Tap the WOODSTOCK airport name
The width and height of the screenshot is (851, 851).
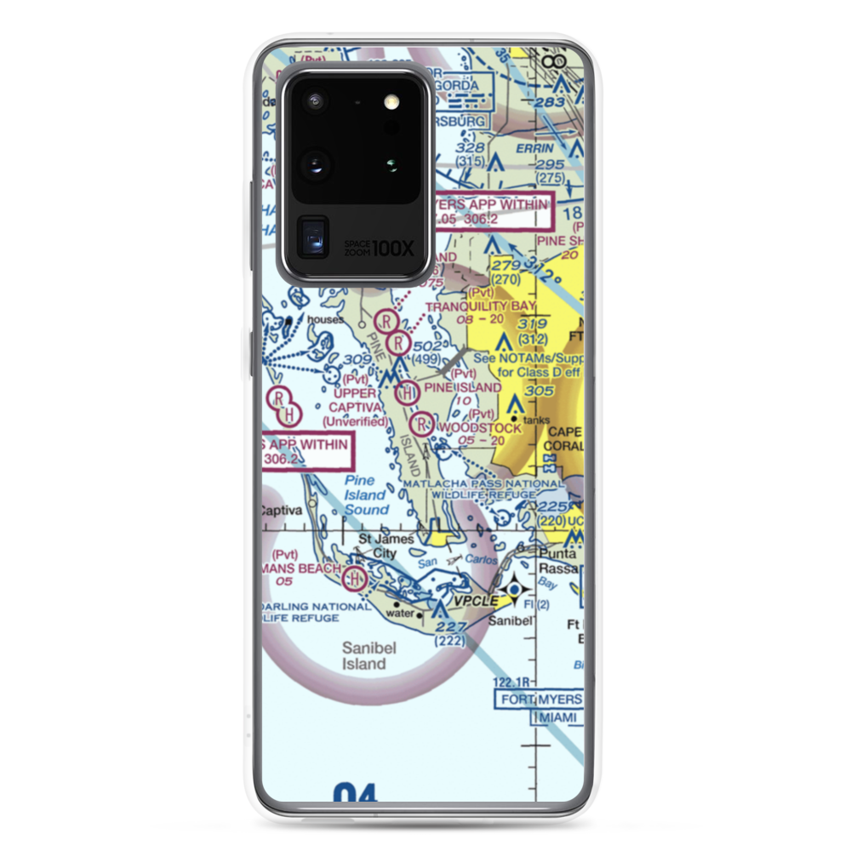coord(478,428)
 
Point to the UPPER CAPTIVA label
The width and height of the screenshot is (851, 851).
coord(354,401)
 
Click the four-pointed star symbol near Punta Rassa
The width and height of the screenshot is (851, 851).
coord(514,590)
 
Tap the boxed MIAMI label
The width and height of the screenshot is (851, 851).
coord(557,718)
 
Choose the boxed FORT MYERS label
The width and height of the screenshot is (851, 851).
coord(539,700)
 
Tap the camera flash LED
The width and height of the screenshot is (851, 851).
coord(391,102)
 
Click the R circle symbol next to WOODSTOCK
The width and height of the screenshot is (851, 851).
coord(422,422)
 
